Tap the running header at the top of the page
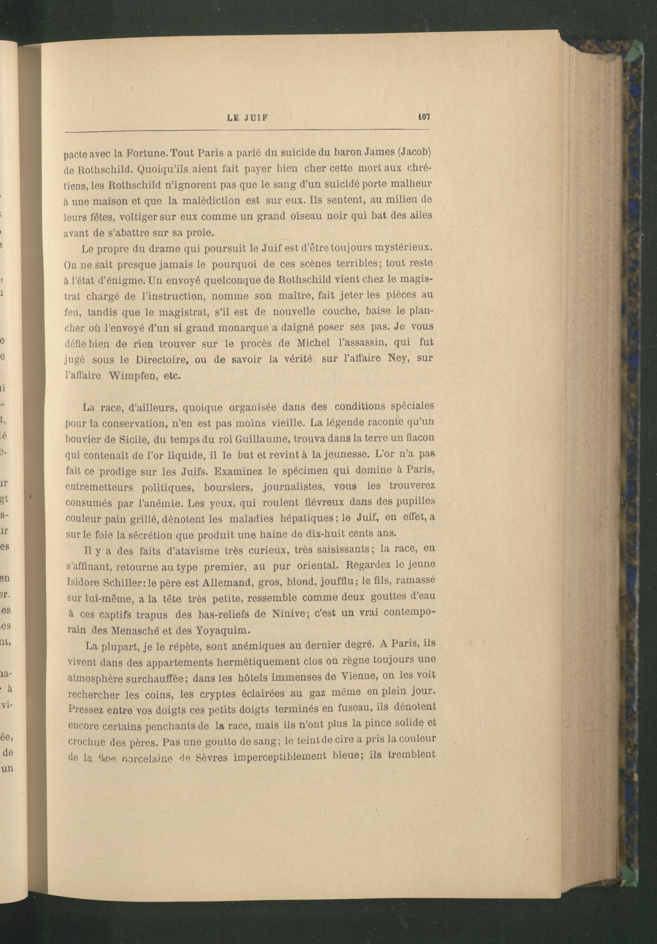pos(247,118)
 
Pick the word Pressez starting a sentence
pos(85,710)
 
